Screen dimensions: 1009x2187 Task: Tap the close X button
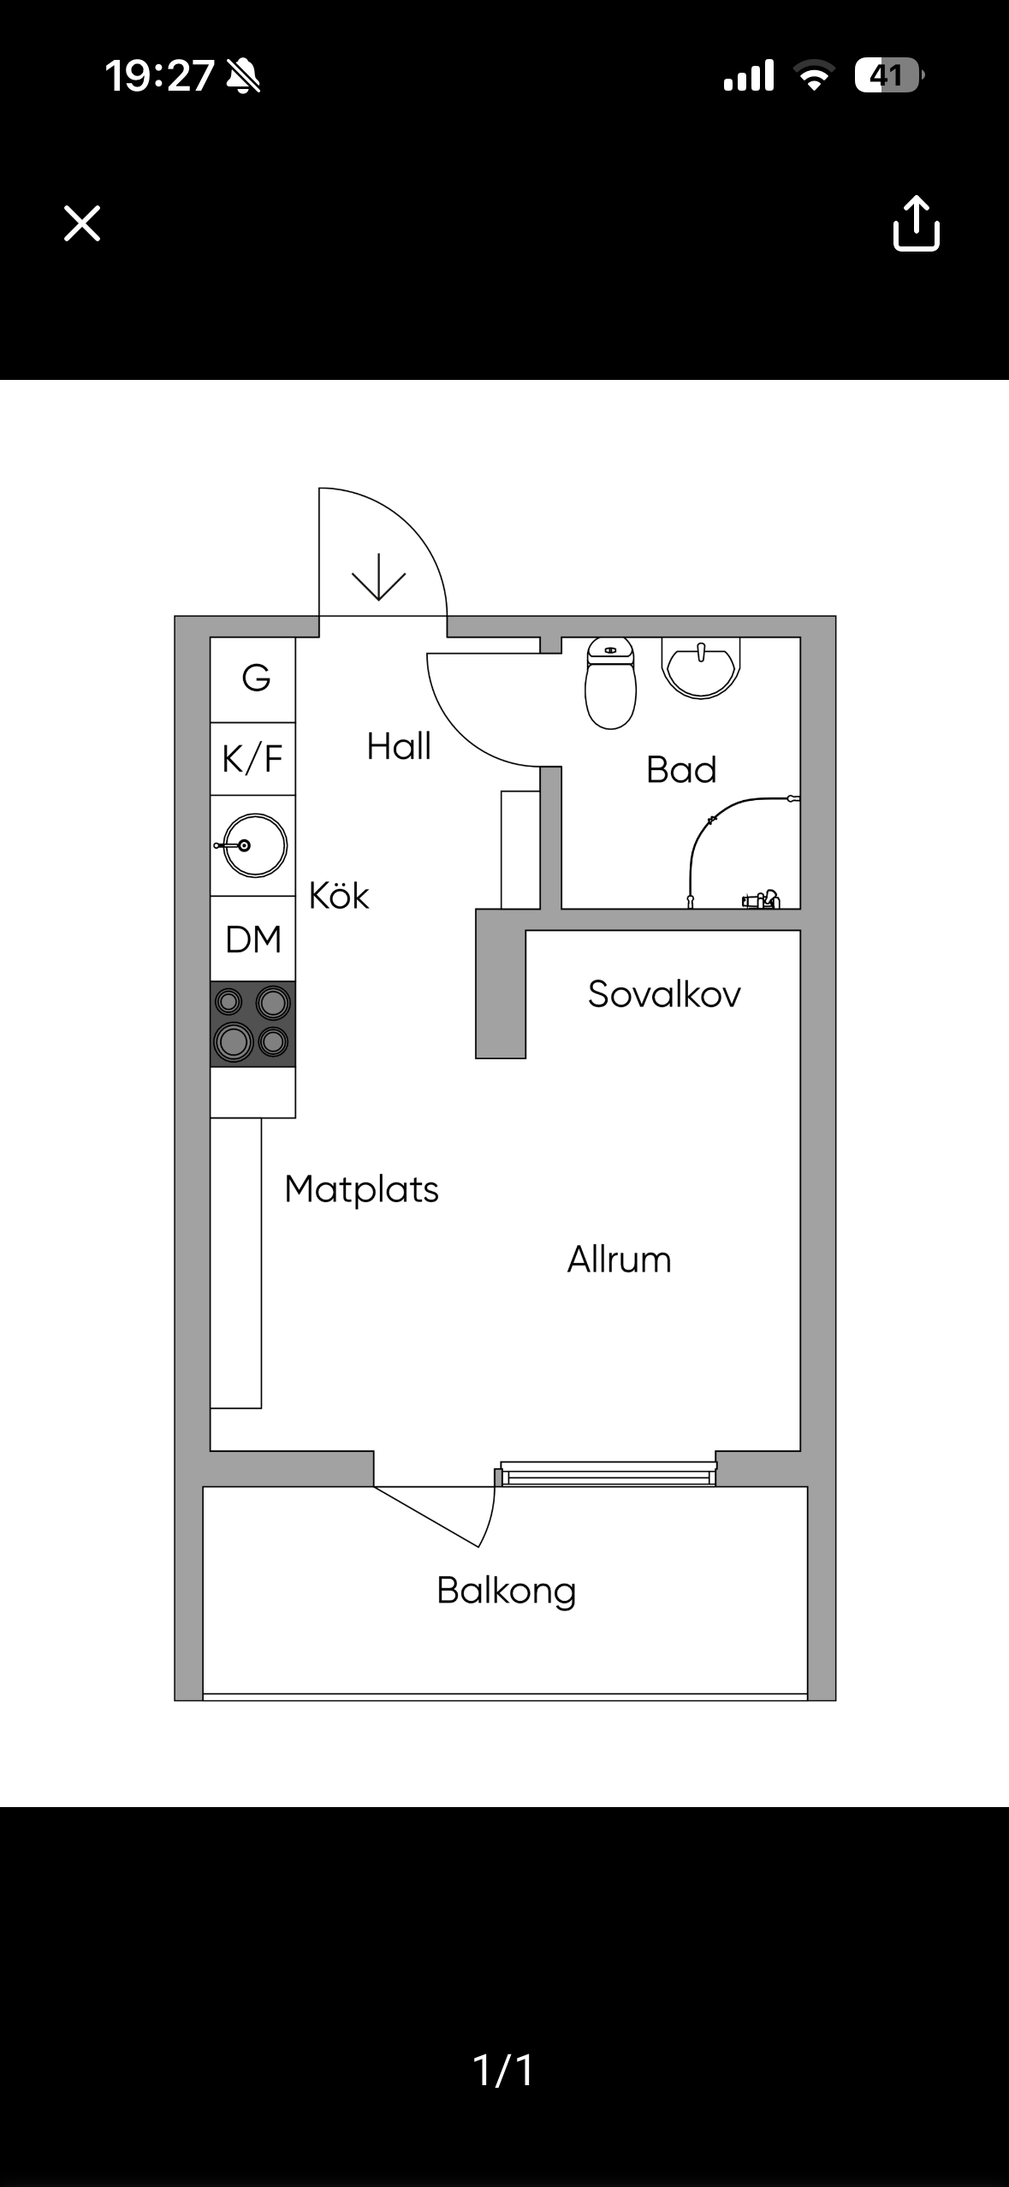point(82,223)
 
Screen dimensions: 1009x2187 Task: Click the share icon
point(917,223)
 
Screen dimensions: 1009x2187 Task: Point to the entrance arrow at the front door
point(378,577)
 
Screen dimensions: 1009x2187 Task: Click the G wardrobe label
point(256,679)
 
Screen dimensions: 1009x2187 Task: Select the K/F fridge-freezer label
point(252,759)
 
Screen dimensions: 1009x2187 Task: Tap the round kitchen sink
point(254,845)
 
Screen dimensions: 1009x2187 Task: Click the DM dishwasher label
point(253,939)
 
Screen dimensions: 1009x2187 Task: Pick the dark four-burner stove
point(253,1023)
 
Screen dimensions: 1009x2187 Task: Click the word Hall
point(399,746)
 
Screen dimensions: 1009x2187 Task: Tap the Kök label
point(339,895)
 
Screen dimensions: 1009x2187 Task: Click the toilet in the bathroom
point(610,683)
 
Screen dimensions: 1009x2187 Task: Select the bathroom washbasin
point(701,668)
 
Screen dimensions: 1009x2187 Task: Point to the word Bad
point(681,770)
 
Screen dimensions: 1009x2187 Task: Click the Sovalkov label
point(664,994)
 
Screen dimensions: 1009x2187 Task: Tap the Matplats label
point(362,1189)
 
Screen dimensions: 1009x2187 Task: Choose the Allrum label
point(620,1259)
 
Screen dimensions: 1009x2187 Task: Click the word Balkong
point(507,1591)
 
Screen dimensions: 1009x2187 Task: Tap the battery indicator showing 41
point(888,76)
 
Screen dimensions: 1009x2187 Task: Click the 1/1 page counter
point(504,2070)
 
